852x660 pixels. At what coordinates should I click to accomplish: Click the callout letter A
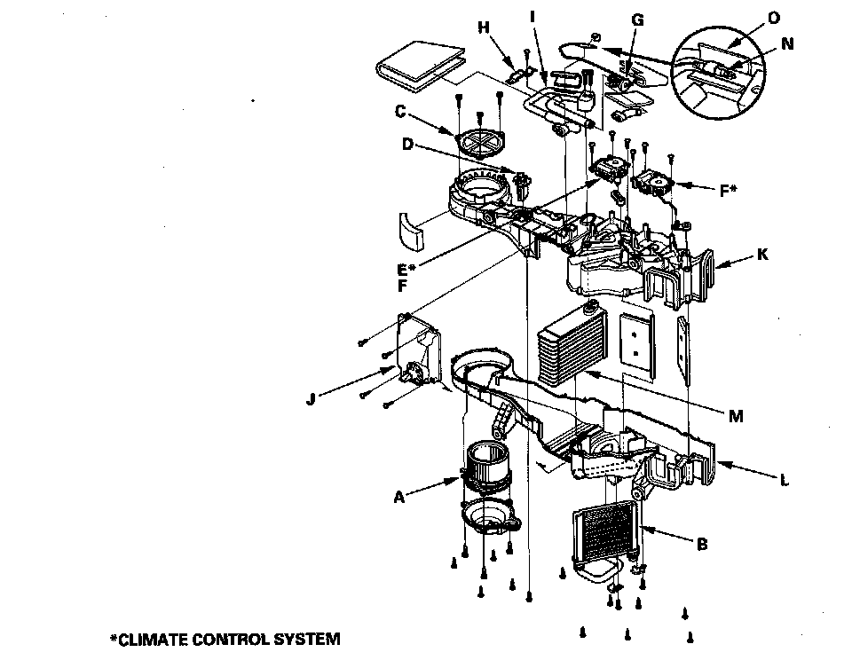point(399,498)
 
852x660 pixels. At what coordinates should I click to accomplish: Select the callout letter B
point(702,544)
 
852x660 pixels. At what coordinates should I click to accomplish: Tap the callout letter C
point(400,112)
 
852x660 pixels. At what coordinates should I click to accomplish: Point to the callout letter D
point(407,145)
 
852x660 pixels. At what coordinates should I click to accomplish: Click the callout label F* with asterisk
point(729,190)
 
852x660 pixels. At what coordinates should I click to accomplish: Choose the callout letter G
point(637,20)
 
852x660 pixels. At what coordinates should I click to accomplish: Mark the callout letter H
point(484,27)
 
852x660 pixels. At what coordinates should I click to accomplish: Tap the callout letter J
point(310,399)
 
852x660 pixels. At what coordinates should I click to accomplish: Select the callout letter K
point(763,255)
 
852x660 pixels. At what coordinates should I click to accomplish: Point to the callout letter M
point(735,415)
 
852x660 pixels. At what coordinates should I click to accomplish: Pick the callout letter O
point(775,18)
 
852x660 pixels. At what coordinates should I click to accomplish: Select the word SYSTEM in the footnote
point(308,639)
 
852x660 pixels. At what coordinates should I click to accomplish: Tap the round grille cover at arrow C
point(480,145)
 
